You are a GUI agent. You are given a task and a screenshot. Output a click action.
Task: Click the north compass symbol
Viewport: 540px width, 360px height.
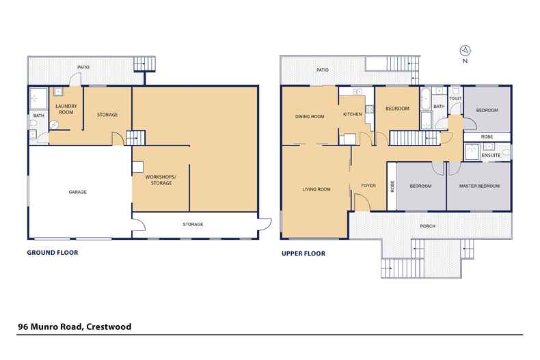tap(465, 51)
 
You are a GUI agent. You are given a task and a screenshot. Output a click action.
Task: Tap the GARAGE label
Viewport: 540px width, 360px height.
tap(77, 192)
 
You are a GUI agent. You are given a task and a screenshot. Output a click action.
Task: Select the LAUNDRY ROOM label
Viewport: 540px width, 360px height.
tap(66, 109)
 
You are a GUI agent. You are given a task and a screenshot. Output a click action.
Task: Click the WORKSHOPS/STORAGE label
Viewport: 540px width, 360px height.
tap(161, 180)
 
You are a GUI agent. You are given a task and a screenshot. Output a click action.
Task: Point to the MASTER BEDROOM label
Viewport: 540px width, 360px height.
tap(479, 186)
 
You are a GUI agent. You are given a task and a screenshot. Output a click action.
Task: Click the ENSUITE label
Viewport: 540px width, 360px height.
tap(491, 155)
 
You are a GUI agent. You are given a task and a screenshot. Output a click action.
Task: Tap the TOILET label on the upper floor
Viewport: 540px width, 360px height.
tap(455, 98)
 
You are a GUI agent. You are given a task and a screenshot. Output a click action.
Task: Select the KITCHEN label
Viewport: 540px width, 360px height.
tap(353, 114)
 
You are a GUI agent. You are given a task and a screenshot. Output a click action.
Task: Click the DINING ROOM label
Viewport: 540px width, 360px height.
tap(310, 117)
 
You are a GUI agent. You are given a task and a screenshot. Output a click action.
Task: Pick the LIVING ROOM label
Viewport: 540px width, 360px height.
tap(316, 189)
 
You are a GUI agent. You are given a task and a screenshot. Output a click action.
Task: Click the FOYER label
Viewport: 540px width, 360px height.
tap(368, 186)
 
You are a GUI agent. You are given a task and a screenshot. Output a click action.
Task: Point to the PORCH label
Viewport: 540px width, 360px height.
tap(428, 226)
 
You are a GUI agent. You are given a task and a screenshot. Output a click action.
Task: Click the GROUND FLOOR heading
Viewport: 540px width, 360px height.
tap(53, 253)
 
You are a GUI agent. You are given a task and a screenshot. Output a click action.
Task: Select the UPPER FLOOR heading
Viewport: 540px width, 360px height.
tap(303, 253)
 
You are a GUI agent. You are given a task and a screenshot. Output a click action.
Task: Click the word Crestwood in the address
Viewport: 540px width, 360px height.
tap(109, 327)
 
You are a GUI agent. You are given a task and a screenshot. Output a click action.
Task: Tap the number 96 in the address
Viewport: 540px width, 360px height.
tap(23, 327)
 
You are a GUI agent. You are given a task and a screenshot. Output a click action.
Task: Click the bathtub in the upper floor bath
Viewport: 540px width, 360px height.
tap(425, 98)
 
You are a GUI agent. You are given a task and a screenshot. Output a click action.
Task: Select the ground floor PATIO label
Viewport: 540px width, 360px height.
tap(83, 67)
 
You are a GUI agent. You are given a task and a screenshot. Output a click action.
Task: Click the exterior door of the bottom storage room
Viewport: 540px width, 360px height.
tap(265, 224)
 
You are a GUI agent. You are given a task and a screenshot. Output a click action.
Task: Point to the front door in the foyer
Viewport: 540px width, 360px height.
tap(362, 202)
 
